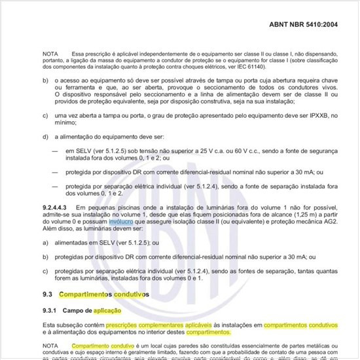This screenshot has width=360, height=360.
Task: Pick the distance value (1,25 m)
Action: click(x=292, y=214)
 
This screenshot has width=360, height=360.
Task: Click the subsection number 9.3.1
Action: click(x=50, y=310)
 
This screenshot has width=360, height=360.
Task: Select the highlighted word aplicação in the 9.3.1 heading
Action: click(x=107, y=310)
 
